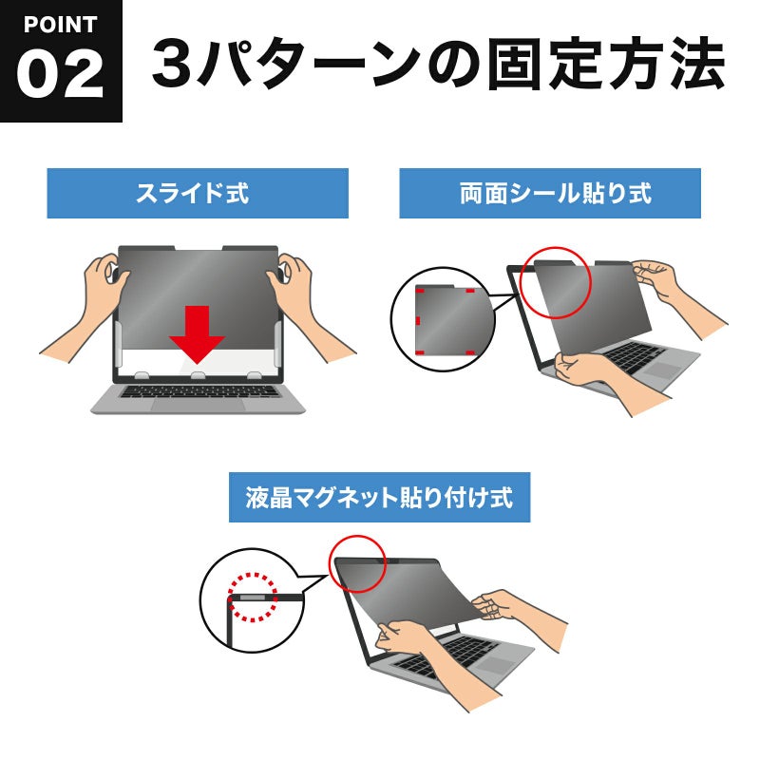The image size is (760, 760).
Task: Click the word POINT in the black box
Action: click(x=60, y=25)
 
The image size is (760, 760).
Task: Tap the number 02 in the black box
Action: click(x=60, y=74)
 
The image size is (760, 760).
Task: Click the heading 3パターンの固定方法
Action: click(x=438, y=65)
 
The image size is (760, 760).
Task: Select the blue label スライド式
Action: click(x=198, y=194)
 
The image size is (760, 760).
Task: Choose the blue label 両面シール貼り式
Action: click(x=550, y=194)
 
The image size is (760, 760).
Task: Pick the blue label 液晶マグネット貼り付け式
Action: click(x=379, y=497)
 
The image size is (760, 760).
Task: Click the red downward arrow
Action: click(x=197, y=334)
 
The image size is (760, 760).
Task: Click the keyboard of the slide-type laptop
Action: click(x=199, y=391)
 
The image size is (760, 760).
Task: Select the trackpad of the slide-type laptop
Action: click(x=198, y=406)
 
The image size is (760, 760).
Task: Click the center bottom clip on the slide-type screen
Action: click(x=198, y=375)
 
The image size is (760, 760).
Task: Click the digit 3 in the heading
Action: click(x=173, y=65)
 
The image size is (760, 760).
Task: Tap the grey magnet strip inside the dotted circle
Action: click(x=253, y=598)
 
